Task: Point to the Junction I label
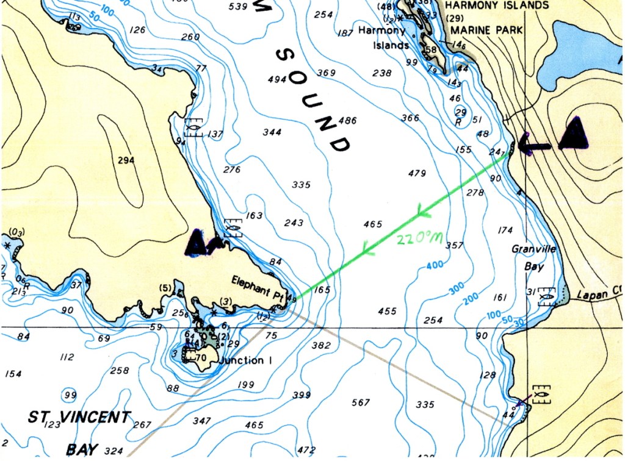pos(244,361)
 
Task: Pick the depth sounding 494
pos(277,79)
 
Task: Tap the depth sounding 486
pos(347,121)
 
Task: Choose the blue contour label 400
pos(435,266)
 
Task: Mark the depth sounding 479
pos(416,174)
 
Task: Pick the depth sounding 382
pos(321,346)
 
